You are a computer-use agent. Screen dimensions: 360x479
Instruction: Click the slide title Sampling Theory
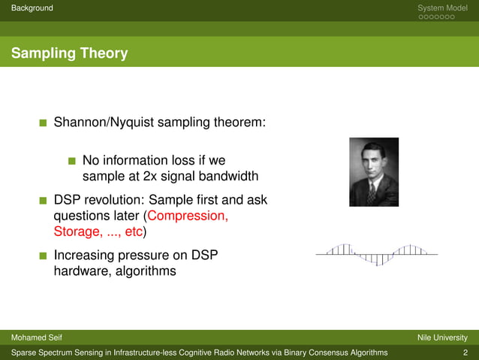point(69,53)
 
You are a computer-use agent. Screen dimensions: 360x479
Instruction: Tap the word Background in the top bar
point(27,8)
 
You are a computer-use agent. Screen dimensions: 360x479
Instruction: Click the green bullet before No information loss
point(72,161)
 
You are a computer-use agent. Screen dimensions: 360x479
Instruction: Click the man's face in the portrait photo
point(373,159)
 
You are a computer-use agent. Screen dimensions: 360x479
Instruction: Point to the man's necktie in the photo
point(372,192)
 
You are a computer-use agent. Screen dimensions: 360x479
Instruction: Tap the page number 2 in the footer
point(465,352)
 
